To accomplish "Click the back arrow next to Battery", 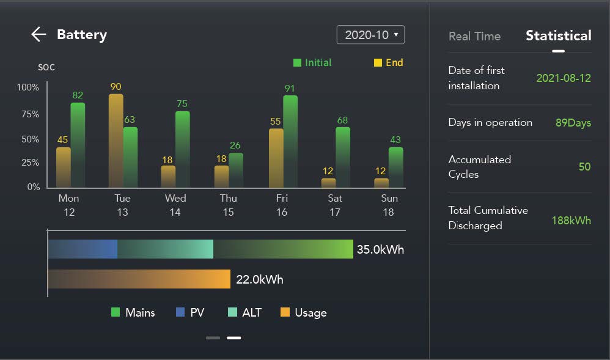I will pos(39,34).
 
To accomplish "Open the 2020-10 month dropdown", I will pos(370,35).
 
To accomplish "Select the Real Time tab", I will pos(474,36).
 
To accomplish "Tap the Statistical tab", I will pos(558,35).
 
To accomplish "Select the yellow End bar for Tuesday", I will pos(116,141).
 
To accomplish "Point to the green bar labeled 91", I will pos(290,141).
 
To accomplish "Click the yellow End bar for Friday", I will pos(276,158).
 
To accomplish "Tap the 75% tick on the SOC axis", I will pos(28,114).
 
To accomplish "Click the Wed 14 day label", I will pos(175,205).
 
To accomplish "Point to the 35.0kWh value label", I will pos(380,249).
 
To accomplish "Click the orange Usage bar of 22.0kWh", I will pos(139,279).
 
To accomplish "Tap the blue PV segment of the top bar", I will pos(83,249).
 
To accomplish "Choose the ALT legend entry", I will pos(244,312).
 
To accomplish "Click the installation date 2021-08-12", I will pos(564,78).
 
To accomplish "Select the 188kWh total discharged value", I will pos(571,220).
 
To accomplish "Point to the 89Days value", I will pos(573,123).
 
